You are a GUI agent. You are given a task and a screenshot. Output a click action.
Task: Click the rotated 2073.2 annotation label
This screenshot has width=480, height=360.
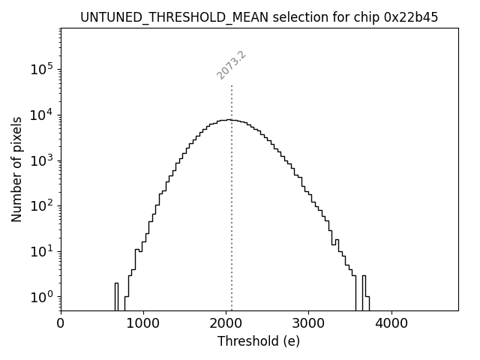232,65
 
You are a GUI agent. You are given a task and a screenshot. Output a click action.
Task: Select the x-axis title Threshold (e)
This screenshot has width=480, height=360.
259,341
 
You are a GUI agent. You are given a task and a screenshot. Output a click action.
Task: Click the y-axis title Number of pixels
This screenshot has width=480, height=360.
17,169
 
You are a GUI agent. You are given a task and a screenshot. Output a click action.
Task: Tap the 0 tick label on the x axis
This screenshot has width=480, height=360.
61,324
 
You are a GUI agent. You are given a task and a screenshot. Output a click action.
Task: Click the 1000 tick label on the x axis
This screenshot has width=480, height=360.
143,324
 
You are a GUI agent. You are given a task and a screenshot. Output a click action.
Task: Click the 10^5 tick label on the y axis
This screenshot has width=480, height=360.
40,69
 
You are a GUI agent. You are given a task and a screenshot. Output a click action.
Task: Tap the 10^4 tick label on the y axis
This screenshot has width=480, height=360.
40,115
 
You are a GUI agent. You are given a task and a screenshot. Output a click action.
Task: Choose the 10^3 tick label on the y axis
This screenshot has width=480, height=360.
40,160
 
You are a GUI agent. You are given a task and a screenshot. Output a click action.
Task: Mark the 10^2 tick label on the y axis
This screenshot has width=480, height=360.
40,205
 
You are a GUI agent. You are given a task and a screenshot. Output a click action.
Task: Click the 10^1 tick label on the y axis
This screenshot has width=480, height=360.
40,251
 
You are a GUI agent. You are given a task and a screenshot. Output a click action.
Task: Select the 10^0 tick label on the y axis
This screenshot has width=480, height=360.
40,297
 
